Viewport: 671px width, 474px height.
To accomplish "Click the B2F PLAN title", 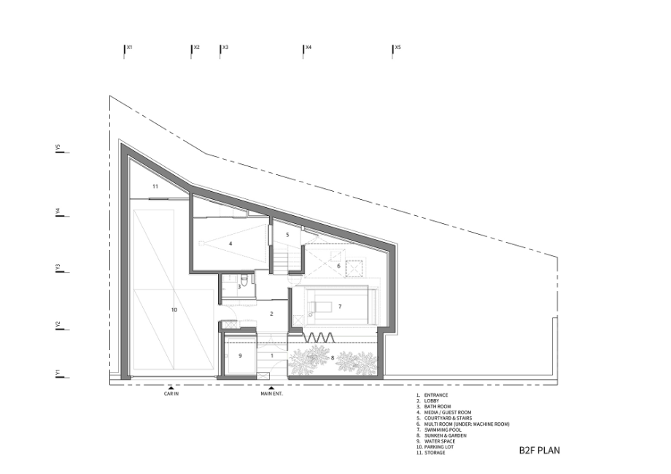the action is pos(539,450).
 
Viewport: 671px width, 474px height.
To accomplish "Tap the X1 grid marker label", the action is pos(129,47).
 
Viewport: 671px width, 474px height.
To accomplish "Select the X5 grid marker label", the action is pos(397,47).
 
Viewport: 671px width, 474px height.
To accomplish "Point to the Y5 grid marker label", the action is pos(58,147).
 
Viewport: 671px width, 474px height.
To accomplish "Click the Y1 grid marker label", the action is pos(58,373).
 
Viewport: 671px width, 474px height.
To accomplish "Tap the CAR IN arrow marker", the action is pos(171,387).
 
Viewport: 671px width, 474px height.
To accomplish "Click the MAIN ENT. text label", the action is pos(272,394).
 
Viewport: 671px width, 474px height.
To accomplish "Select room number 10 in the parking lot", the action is pos(174,310).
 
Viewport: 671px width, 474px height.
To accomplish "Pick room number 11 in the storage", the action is pos(155,187).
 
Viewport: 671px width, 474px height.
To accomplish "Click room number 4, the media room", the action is pos(230,244).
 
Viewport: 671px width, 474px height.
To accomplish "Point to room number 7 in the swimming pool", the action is pos(340,306).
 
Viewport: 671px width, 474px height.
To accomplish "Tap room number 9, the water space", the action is pos(240,356).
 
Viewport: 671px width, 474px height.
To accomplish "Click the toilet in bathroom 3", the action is pos(244,280).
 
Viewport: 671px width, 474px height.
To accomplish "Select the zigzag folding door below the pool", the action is pos(319,338).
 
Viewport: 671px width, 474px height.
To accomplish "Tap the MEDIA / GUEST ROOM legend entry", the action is pos(448,413).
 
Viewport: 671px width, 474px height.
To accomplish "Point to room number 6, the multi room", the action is pos(338,266).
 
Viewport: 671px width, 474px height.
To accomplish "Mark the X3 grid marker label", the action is pos(225,47).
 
